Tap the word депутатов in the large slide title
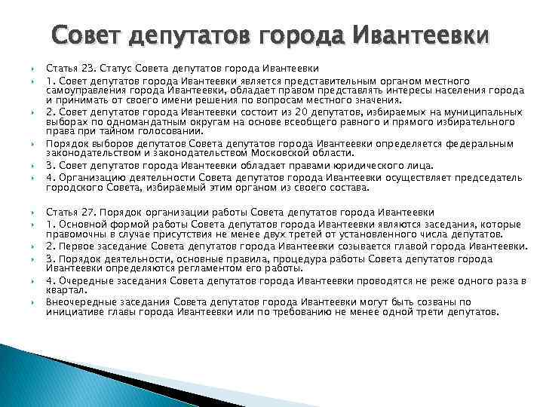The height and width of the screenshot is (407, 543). point(194,36)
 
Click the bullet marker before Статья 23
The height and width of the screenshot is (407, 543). point(33,69)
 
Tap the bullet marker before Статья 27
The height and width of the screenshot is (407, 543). point(33,213)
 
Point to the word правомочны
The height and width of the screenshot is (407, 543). point(73,234)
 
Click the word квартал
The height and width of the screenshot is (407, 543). point(64,289)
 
